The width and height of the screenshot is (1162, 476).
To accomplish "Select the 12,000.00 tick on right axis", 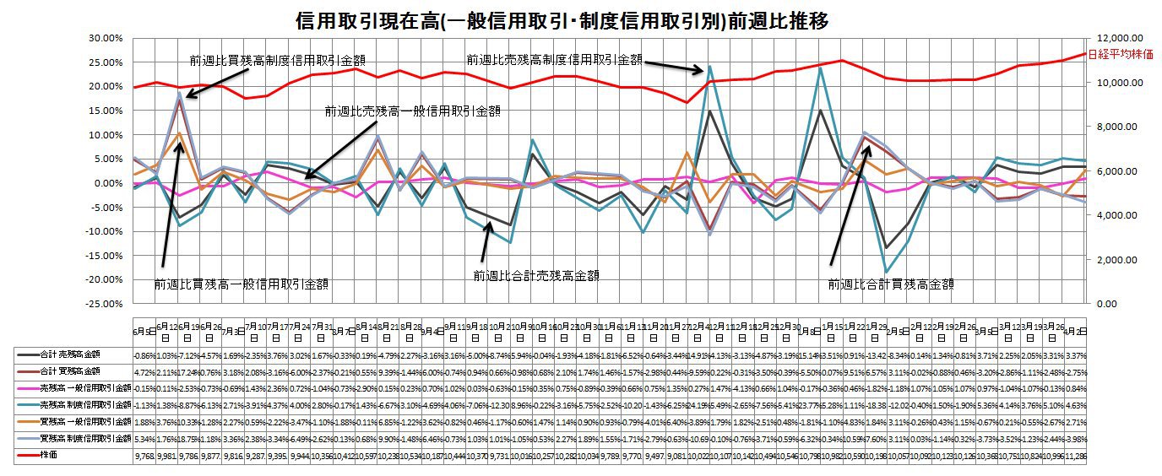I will [1119, 38].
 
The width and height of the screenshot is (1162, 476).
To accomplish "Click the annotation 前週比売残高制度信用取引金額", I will [554, 60].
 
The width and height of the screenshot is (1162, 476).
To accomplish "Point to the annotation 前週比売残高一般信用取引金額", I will [413, 111].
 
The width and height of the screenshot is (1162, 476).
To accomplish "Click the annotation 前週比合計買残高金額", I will [890, 285].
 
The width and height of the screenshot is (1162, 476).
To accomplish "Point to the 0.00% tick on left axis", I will [110, 183].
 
